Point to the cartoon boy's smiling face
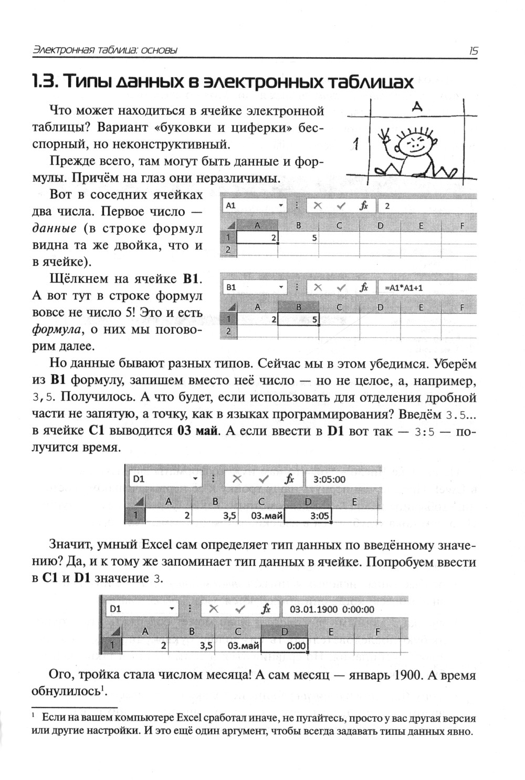click(412, 142)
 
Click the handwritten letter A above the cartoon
click(417, 107)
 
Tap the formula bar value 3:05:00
click(329, 479)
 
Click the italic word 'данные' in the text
click(55, 228)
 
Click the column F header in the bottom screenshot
click(378, 631)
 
